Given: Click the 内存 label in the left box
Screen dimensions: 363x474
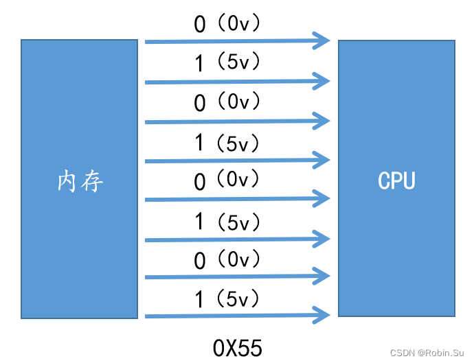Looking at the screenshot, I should coord(80,181).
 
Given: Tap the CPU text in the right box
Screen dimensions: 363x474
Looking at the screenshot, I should coord(396,180).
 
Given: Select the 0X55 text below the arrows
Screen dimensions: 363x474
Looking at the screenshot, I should coord(238,347).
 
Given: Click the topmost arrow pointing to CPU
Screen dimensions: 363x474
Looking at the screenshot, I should coord(237,40).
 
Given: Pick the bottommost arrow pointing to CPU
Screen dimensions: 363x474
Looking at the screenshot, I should coord(237,316).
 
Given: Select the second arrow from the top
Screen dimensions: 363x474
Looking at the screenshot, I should coord(237,81).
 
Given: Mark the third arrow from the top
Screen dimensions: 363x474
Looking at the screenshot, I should coord(237,121).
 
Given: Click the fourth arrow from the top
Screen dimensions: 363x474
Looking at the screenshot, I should coord(237,161).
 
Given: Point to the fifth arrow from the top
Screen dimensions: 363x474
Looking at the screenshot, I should coord(237,200).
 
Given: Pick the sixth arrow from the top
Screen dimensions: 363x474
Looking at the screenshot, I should coord(237,239).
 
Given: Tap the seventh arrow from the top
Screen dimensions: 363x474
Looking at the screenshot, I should coord(237,277).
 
